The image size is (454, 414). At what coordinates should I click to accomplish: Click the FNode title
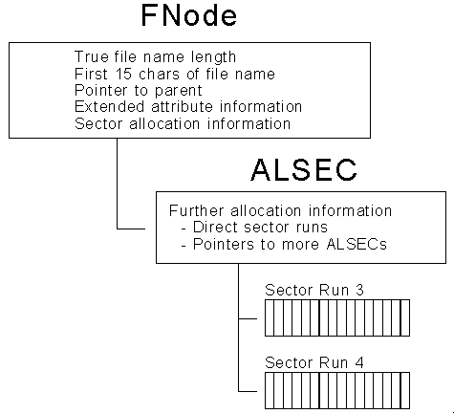click(x=189, y=15)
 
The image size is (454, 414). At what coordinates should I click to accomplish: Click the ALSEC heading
click(x=304, y=169)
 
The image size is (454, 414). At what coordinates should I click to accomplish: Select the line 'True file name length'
click(x=155, y=57)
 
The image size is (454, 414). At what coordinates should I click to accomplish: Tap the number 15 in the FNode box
click(x=123, y=74)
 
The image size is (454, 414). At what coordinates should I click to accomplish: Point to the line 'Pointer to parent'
click(x=139, y=91)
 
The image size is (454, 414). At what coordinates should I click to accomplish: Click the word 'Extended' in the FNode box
click(x=109, y=106)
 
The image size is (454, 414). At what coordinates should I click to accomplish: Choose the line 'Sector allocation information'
click(x=183, y=123)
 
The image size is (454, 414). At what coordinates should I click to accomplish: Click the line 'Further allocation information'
click(x=280, y=211)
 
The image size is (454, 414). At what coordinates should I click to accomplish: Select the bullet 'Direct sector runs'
click(x=254, y=228)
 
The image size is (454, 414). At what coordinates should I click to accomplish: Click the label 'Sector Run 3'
click(x=314, y=290)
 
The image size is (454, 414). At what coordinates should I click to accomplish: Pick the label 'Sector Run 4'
click(x=314, y=362)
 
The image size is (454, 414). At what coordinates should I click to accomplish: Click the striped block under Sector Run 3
click(x=337, y=317)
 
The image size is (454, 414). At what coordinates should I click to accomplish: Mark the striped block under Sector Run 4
click(x=337, y=390)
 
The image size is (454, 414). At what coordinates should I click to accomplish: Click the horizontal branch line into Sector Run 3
click(x=248, y=318)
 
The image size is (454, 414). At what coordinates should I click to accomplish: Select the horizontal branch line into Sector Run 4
click(x=248, y=391)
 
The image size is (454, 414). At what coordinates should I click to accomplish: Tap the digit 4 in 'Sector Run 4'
click(x=359, y=362)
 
